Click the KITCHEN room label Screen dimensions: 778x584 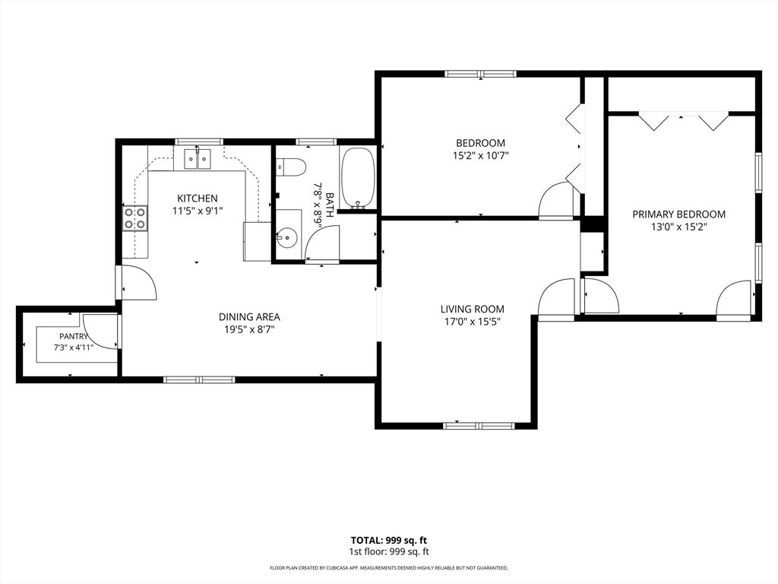pos(198,198)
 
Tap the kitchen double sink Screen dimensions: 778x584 pos(198,158)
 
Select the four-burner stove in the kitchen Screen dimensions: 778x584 pos(135,218)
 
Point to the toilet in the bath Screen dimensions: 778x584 pos(289,167)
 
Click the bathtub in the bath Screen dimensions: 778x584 pos(358,177)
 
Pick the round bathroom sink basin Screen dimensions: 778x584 pos(286,238)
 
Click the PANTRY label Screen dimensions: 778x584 pos(74,336)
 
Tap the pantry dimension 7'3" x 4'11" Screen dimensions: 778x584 pos(74,348)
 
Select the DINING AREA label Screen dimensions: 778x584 pos(249,317)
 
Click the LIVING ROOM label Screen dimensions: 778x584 pos(473,309)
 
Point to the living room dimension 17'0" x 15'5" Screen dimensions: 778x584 pos(473,322)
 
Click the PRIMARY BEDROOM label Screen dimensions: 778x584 pos(678,214)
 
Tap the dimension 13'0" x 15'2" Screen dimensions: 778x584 pos(678,227)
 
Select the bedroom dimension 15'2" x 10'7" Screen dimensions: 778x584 pos(481,155)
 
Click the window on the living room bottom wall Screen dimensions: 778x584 pos(480,426)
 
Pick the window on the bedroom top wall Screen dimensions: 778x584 pos(480,74)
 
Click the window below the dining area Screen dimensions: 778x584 pos(200,380)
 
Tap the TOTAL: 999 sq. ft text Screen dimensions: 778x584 pos(389,541)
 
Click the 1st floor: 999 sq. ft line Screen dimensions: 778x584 pos(389,552)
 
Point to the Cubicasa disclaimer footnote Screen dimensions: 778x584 pos(389,567)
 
